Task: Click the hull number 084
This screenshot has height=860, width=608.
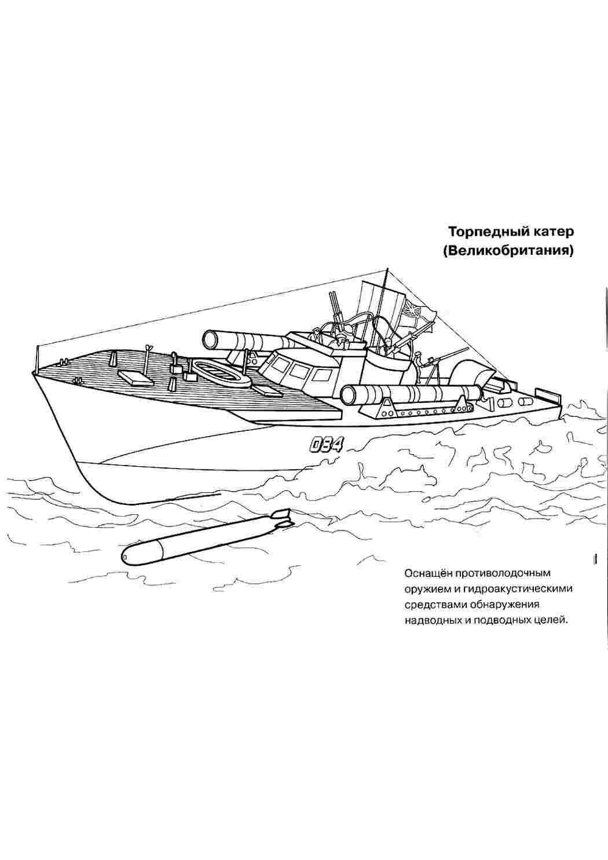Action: pyautogui.click(x=325, y=446)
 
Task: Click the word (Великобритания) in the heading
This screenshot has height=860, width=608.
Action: pyautogui.click(x=508, y=251)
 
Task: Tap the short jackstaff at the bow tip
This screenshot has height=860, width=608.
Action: pyautogui.click(x=37, y=360)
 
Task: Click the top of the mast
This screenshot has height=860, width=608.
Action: pyautogui.click(x=387, y=269)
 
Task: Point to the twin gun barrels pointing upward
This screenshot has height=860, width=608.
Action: pyautogui.click(x=333, y=306)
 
